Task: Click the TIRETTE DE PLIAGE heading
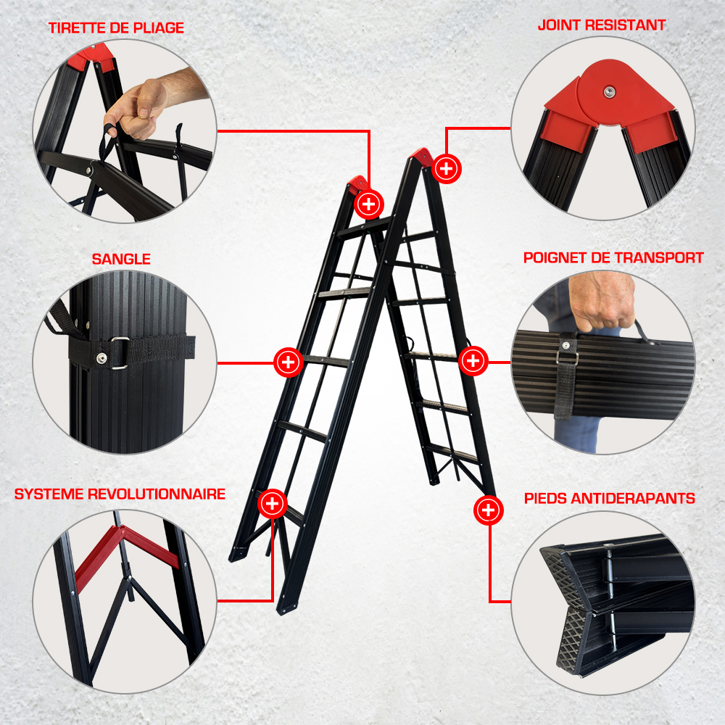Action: [x=116, y=28]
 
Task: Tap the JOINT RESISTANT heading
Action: [x=602, y=25]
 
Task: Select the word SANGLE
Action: [x=121, y=259]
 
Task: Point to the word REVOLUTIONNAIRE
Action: [x=157, y=494]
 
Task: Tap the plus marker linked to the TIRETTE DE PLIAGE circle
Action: [x=369, y=204]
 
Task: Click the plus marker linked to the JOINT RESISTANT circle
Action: [x=446, y=169]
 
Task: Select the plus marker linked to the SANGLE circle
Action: [x=288, y=362]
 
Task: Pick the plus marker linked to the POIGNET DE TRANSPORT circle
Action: [x=473, y=360]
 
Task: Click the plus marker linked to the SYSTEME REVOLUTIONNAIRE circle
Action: [x=273, y=504]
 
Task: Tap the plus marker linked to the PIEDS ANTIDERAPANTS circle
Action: [x=488, y=510]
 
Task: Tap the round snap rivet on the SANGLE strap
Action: [x=101, y=357]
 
